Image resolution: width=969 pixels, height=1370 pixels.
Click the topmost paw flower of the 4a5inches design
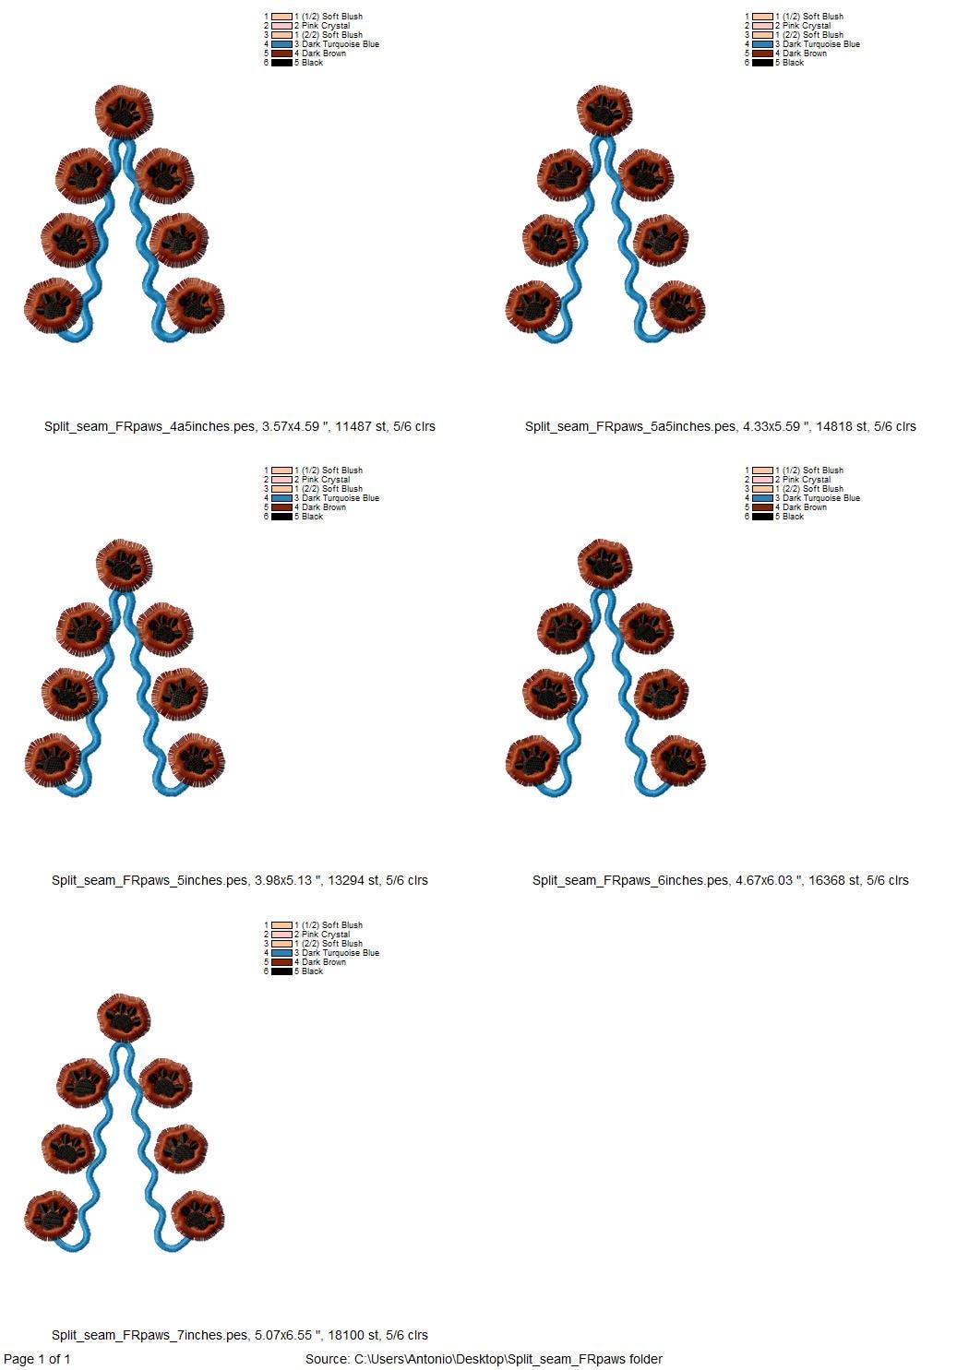125,112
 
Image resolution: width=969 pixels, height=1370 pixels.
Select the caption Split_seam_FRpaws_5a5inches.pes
630,426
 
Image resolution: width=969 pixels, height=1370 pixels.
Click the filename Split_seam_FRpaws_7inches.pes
150,1335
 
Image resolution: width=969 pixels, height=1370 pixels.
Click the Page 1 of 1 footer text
37,1359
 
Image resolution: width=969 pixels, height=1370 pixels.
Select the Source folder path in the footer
484,1359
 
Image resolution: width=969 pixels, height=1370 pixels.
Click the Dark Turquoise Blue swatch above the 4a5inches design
281,44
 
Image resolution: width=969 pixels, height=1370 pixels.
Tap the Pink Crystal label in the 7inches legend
326,934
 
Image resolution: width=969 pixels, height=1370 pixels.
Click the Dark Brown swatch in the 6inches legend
762,507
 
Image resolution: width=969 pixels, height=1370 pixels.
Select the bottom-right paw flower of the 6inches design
677,760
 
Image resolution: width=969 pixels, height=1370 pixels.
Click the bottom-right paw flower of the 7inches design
197,1215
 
